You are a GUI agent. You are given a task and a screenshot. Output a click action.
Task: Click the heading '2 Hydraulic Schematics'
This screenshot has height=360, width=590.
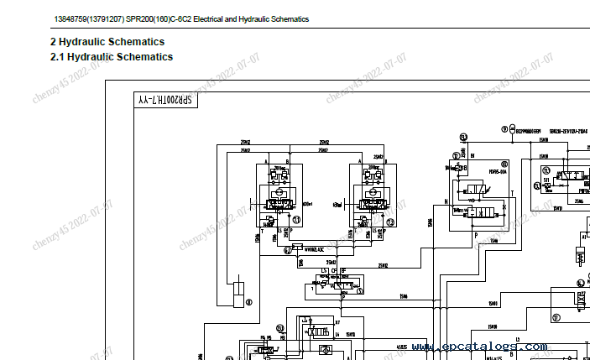[107, 42]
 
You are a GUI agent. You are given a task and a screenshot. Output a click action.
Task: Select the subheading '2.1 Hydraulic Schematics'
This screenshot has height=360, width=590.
[112, 57]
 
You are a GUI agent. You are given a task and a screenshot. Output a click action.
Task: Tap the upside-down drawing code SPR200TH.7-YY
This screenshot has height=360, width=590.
[164, 101]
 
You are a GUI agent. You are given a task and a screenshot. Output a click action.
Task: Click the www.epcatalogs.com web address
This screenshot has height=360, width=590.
[480, 346]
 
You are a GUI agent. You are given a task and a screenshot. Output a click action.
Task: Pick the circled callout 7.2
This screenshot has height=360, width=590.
[389, 222]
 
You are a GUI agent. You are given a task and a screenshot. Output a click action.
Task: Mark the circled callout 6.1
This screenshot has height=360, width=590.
[286, 248]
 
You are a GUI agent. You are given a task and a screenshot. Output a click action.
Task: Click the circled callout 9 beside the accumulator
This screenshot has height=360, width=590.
[504, 129]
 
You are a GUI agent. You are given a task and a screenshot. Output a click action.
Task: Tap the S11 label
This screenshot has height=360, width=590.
[547, 179]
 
